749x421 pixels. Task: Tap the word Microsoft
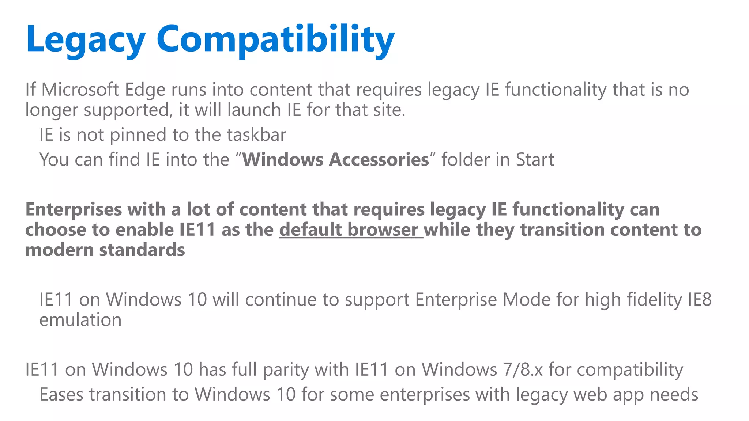tap(80, 90)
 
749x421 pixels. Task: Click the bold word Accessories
tap(379, 160)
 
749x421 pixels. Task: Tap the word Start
tap(535, 160)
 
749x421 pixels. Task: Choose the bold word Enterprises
tap(74, 210)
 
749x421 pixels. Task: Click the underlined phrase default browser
tap(351, 230)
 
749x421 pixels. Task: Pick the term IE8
tap(700, 300)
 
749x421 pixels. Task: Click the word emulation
tap(80, 320)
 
